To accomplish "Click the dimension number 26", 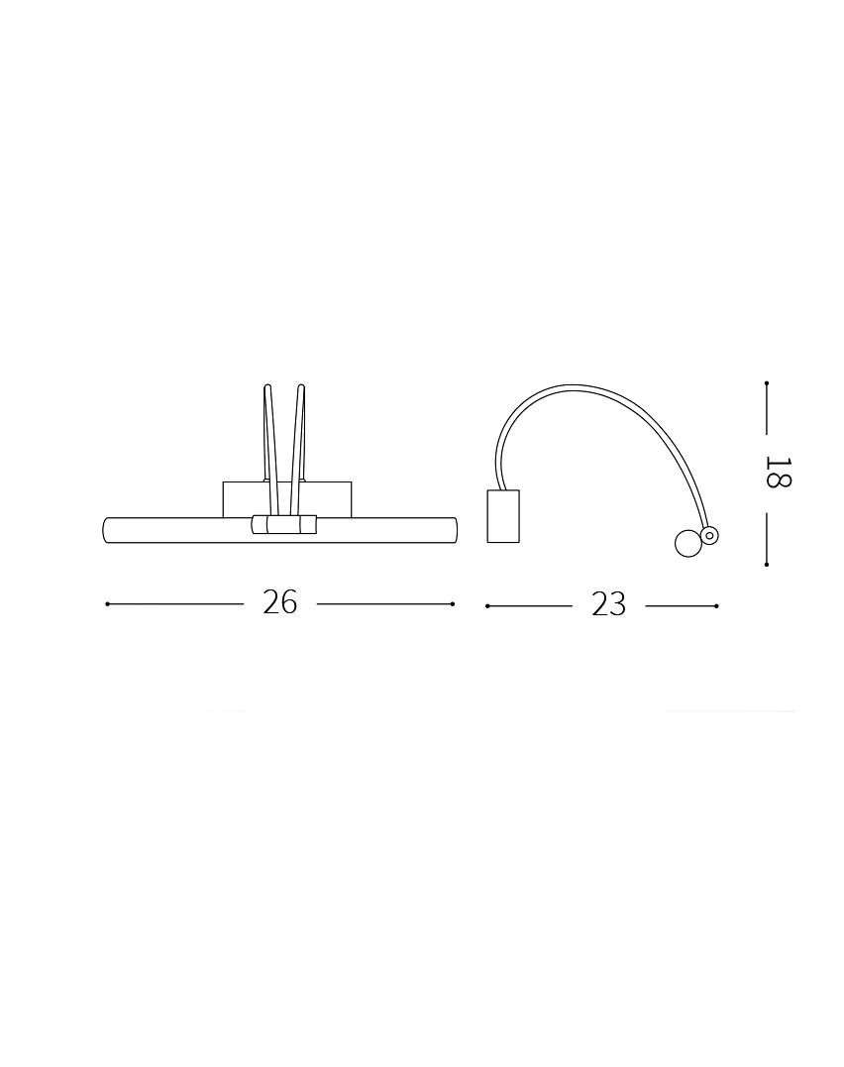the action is click(279, 603).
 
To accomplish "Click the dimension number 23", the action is click(608, 604).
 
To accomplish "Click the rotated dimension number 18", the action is click(779, 473).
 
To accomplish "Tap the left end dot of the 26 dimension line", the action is click(108, 603).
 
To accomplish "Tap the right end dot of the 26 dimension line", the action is click(453, 603).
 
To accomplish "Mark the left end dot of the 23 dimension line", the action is click(487, 605).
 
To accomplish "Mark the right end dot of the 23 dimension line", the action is click(717, 605).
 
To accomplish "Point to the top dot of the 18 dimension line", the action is click(767, 383).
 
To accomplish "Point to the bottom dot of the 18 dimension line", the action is click(767, 564).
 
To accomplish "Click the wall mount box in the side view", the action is click(503, 516).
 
